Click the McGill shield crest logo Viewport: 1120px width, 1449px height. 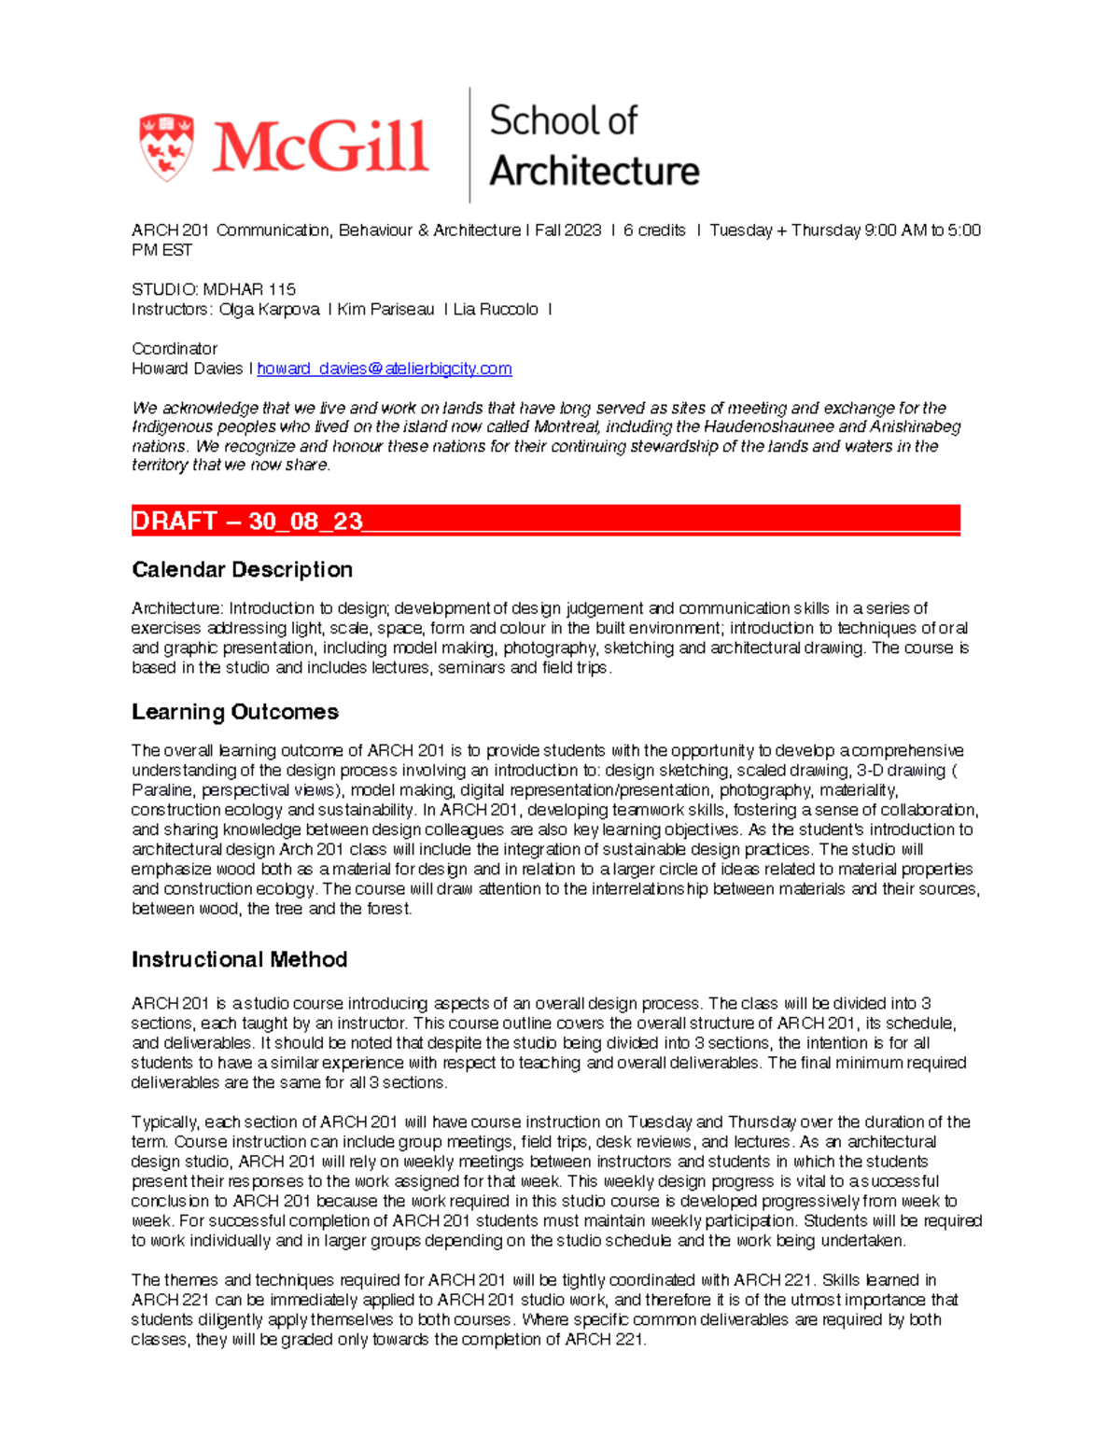(x=166, y=147)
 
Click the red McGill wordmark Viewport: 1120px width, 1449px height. (x=320, y=147)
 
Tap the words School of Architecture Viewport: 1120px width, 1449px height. (x=594, y=146)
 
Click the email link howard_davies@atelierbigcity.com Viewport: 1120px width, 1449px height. (x=384, y=369)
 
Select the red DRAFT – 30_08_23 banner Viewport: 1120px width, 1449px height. (x=545, y=521)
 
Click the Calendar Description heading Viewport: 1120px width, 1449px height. (x=242, y=569)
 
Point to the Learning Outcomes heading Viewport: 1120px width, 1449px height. (x=234, y=712)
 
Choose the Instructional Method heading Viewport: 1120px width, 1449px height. (x=239, y=959)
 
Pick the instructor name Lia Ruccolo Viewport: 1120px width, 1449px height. (x=496, y=309)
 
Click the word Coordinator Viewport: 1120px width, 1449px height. (x=175, y=348)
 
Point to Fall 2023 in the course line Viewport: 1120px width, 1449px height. (x=567, y=230)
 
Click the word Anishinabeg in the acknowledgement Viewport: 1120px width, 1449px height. (x=915, y=426)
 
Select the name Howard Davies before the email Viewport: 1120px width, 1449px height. (x=187, y=369)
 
